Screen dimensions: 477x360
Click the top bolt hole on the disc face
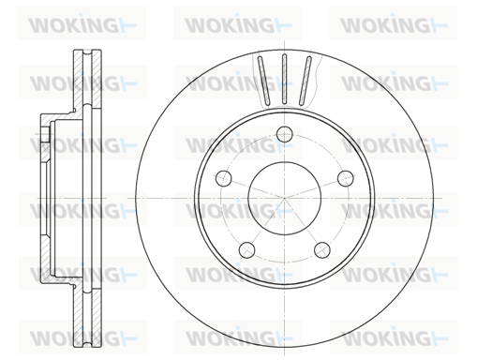tap(285, 134)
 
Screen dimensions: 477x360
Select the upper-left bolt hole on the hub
tap(224, 178)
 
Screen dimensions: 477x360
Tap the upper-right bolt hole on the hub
tap(346, 178)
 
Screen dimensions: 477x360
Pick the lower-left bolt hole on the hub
tap(246, 249)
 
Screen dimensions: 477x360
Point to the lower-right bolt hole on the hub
tap(322, 249)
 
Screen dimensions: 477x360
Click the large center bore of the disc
tap(285, 198)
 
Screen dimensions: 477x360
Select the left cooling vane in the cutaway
tap(264, 81)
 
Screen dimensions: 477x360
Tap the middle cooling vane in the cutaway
tap(284, 79)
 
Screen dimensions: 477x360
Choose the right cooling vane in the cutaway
tap(305, 81)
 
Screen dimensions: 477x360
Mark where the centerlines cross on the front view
tap(285, 198)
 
